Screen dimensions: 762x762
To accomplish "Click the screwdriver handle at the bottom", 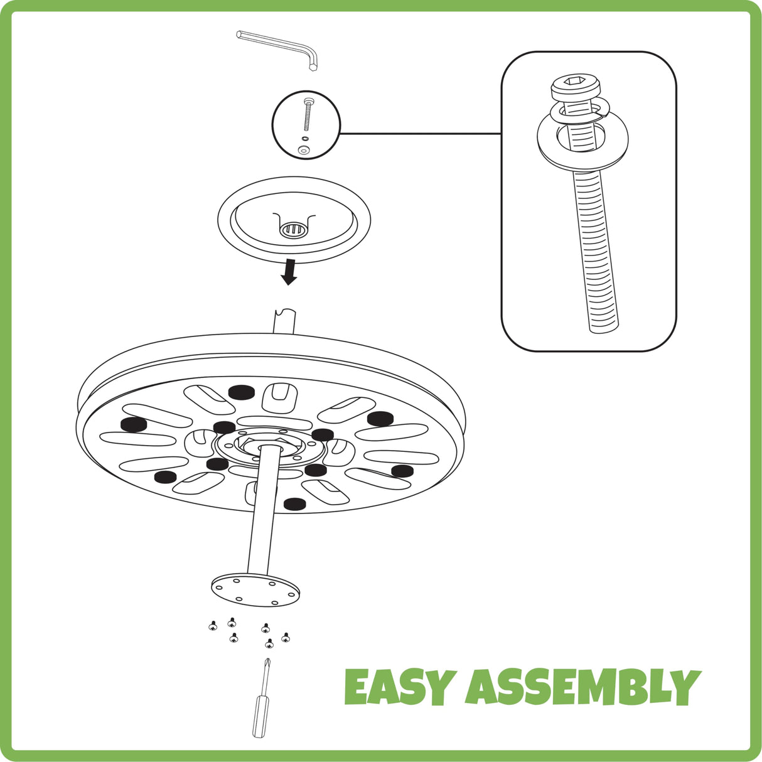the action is click(260, 716).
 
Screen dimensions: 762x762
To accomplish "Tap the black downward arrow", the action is click(289, 272).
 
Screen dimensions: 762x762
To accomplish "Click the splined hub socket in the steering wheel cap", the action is click(294, 229).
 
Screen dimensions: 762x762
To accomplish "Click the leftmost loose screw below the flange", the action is click(213, 626).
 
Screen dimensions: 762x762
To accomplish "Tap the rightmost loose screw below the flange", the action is click(286, 637).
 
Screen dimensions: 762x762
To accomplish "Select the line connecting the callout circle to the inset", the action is click(421, 134).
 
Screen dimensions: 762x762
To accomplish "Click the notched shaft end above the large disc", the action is click(284, 322).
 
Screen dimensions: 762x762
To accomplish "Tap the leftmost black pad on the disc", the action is click(134, 424).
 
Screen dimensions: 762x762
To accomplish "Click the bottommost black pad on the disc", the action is click(294, 504).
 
